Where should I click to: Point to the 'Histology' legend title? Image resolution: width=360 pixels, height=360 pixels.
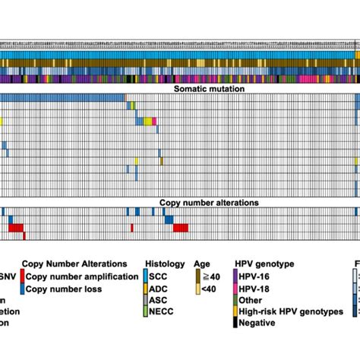tap(164, 264)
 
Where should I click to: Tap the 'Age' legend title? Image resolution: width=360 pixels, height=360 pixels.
tap(203, 264)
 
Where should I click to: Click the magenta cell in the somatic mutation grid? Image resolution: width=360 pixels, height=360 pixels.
tap(154, 121)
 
